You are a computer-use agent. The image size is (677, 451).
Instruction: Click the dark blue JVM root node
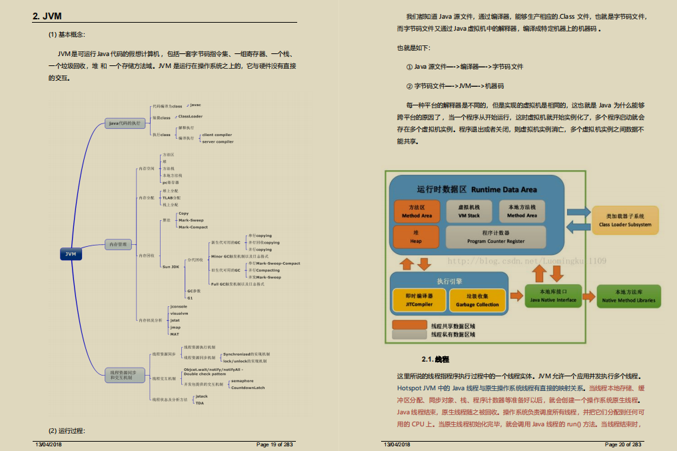click(71, 254)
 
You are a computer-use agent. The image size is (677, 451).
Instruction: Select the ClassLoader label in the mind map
click(190, 116)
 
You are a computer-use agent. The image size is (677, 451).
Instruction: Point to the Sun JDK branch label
click(171, 266)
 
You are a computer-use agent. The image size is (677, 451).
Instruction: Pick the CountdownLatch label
click(248, 388)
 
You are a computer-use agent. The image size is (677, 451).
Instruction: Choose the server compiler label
click(218, 141)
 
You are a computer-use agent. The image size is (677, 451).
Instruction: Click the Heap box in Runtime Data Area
click(416, 237)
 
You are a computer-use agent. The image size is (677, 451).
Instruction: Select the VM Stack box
click(468, 211)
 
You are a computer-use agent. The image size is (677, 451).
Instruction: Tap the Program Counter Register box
click(496, 237)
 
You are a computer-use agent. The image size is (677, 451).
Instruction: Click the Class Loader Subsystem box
click(625, 221)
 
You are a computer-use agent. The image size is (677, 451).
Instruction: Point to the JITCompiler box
click(419, 300)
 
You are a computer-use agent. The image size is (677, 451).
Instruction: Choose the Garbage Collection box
click(477, 300)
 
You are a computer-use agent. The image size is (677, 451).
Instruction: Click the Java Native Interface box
click(552, 296)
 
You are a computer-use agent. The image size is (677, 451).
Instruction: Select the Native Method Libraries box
click(628, 296)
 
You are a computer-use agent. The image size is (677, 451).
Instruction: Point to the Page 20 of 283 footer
click(623, 444)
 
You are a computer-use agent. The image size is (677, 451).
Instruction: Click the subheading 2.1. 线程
click(435, 359)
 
